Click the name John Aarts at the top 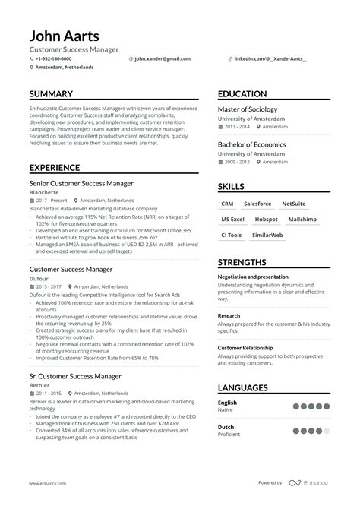point(65,36)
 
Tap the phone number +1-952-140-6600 point(53,58)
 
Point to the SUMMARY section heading point(51,94)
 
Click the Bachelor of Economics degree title point(252,144)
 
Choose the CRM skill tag point(227,204)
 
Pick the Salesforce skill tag point(258,204)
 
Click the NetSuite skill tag point(293,204)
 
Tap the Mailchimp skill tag point(302,219)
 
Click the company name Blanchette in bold point(43,193)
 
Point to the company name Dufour point(39,279)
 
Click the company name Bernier point(39,385)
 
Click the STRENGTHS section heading point(248,262)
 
